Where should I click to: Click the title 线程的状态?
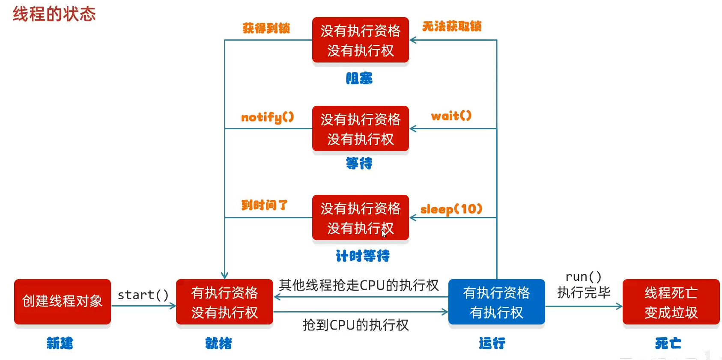tap(54, 14)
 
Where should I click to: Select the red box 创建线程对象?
tap(63, 301)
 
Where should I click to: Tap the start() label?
tap(143, 295)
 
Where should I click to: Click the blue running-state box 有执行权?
tap(496, 302)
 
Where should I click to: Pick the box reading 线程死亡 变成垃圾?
tap(671, 302)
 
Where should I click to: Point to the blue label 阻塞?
tap(359, 78)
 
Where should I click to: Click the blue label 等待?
tap(359, 163)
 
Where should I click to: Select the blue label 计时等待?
tap(363, 256)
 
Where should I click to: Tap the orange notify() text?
tap(268, 117)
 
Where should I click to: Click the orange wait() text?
tap(451, 116)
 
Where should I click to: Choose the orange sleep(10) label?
tap(451, 209)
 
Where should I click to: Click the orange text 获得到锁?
tap(266, 28)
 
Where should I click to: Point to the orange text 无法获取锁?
tap(452, 27)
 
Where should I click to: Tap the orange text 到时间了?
tap(264, 205)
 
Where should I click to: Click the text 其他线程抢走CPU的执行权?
tap(359, 285)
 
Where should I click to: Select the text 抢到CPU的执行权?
tap(355, 325)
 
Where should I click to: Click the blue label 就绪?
tap(218, 343)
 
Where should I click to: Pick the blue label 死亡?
tap(668, 343)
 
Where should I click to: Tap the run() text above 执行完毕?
tap(583, 277)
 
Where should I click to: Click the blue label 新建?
tap(60, 343)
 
